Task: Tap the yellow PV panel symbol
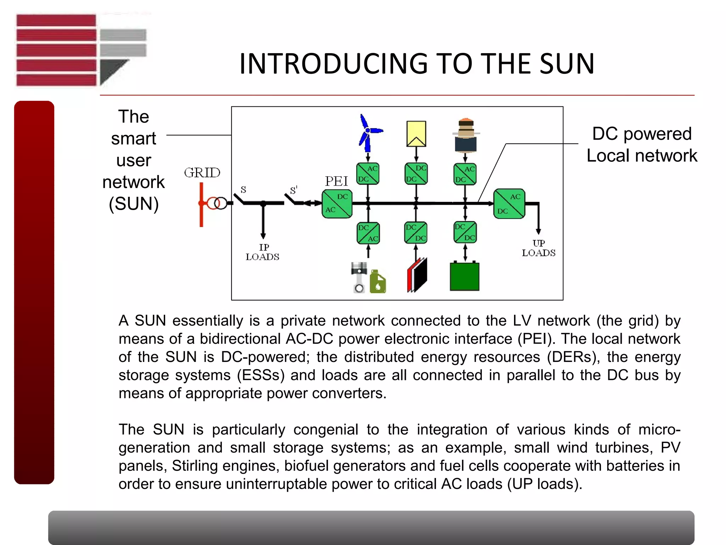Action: [x=416, y=134]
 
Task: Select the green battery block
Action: [x=464, y=276]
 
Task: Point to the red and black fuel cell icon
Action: [x=418, y=275]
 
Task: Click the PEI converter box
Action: [x=337, y=204]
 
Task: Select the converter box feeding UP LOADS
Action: [x=509, y=204]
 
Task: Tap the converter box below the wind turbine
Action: [x=368, y=174]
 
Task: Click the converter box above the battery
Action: [x=465, y=232]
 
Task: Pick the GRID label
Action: [x=202, y=173]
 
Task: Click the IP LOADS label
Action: [x=263, y=252]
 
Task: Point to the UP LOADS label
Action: [x=538, y=248]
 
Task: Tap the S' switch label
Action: [x=294, y=190]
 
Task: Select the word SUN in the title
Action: [x=567, y=64]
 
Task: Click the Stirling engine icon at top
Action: [x=466, y=135]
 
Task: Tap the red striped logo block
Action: [x=56, y=50]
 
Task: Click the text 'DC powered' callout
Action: [x=642, y=134]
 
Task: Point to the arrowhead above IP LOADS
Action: [x=263, y=236]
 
